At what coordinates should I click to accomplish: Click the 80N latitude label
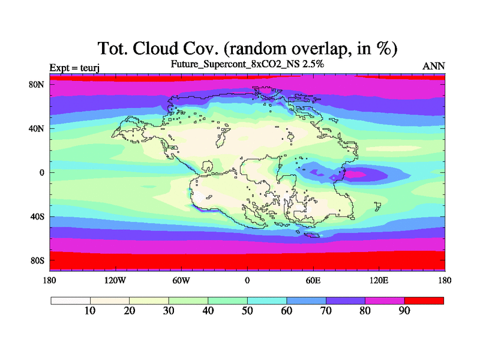[37, 85]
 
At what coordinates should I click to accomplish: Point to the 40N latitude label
[37, 128]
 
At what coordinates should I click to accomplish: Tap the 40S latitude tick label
[37, 217]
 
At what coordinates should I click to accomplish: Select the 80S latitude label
[37, 261]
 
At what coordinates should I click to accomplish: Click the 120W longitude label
[115, 280]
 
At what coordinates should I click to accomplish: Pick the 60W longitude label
[181, 280]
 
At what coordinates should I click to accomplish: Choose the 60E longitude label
[313, 280]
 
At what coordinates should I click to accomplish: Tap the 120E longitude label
[379, 280]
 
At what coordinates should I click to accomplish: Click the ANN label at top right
[433, 66]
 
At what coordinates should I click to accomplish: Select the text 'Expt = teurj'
[74, 68]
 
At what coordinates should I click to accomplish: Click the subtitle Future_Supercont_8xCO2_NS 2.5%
[247, 64]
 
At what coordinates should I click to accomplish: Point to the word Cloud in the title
[155, 49]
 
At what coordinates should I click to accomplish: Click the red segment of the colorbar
[424, 301]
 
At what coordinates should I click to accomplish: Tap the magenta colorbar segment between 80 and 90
[385, 301]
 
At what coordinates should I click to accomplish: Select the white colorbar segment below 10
[71, 301]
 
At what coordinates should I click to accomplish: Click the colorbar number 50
[247, 311]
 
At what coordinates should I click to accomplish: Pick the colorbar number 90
[404, 311]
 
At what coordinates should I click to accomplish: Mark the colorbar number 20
[130, 311]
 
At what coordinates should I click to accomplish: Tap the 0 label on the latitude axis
[41, 173]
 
